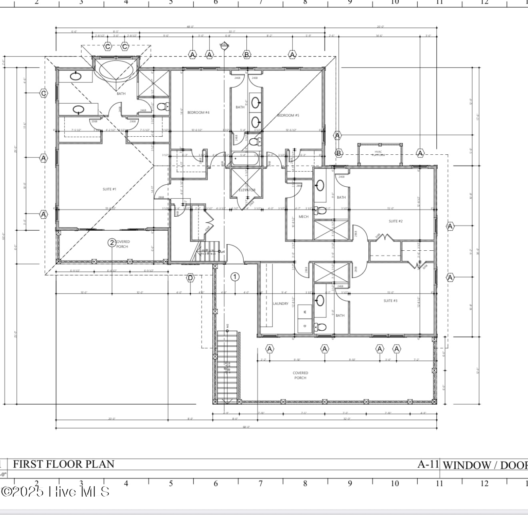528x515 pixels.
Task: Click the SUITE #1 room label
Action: pos(109,189)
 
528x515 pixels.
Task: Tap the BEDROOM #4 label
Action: pos(198,113)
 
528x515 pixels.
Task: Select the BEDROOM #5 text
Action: pos(288,116)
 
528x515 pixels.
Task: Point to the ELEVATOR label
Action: pos(247,190)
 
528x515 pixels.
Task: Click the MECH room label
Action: pos(304,217)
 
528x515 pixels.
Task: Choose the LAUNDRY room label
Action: pos(280,304)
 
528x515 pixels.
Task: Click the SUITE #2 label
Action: pos(396,221)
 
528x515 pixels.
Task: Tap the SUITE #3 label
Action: pos(390,301)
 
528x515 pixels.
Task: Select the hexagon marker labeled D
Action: pos(190,278)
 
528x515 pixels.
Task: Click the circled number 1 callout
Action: pos(235,277)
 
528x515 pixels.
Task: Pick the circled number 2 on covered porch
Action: pos(112,242)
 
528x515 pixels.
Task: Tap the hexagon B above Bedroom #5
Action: pos(247,54)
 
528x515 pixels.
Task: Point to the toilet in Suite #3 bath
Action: pos(320,327)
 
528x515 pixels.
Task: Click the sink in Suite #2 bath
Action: pos(320,185)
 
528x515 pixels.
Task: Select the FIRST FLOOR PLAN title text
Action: pos(64,464)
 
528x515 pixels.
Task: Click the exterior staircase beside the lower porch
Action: pos(227,366)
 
